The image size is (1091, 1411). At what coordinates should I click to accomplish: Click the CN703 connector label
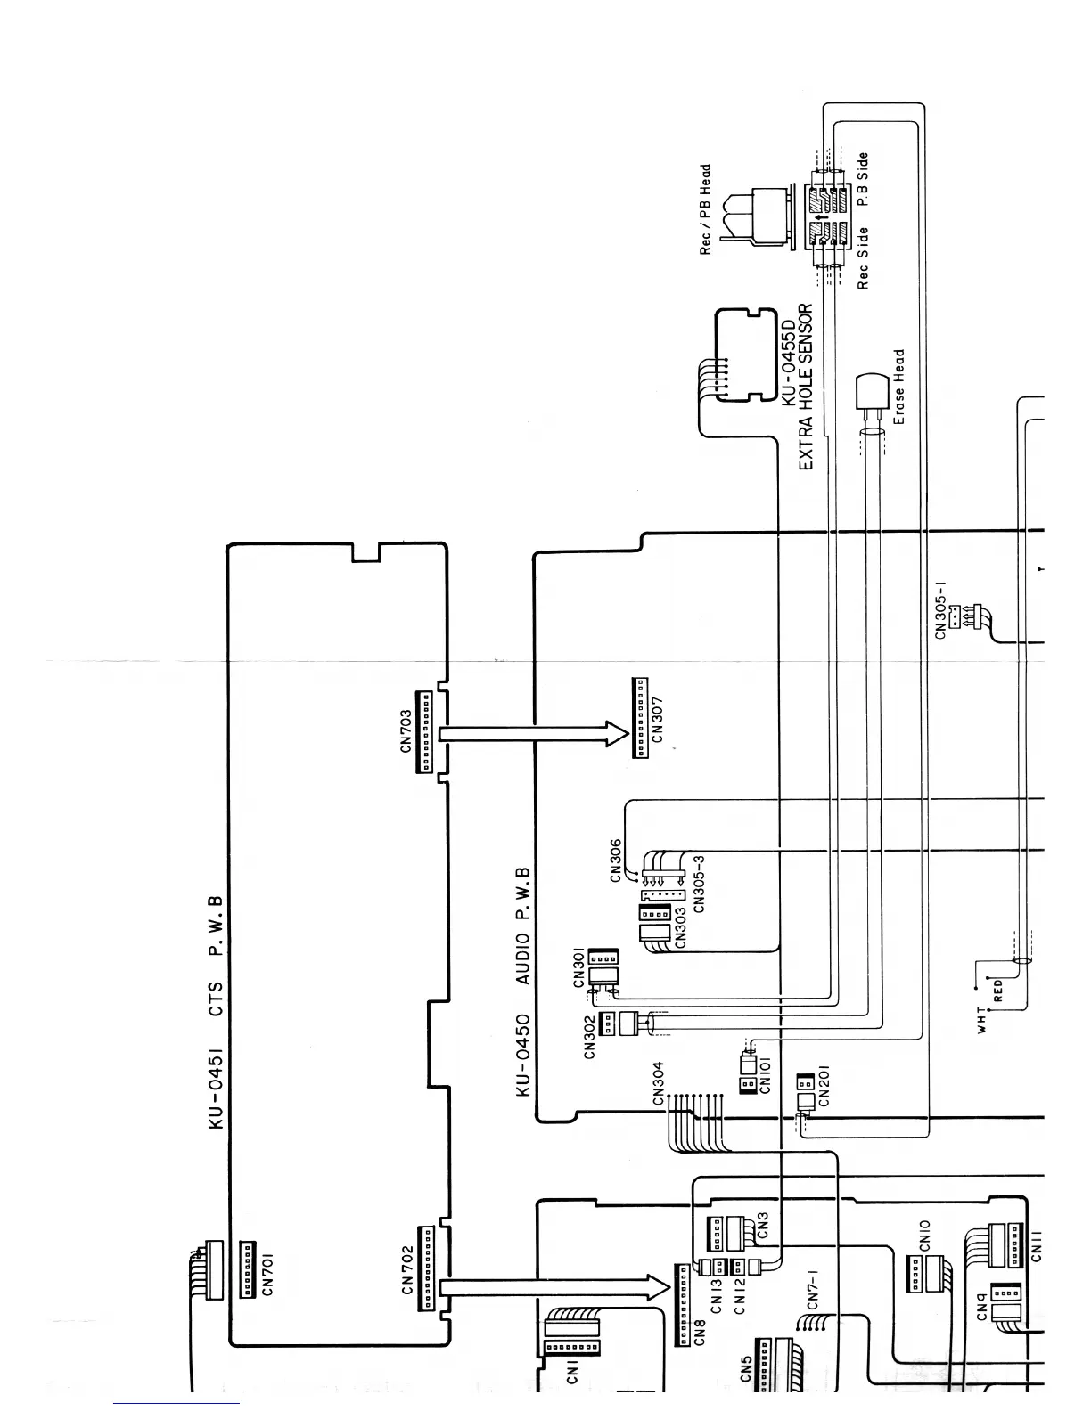[406, 730]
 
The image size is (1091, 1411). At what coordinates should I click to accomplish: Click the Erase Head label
[898, 386]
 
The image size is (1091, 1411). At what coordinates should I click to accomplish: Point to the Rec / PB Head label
[706, 209]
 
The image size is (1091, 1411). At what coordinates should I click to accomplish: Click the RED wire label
[998, 991]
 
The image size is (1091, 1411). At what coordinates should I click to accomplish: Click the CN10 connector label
[924, 1236]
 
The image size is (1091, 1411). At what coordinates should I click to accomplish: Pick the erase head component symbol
[867, 393]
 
